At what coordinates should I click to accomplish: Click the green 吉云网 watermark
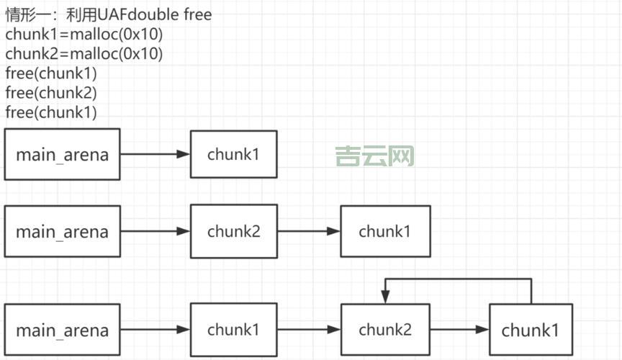374,156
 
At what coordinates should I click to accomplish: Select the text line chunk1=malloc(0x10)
84,34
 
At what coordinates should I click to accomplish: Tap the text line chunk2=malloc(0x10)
84,53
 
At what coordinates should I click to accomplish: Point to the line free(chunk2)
50,92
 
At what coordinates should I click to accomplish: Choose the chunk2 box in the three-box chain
233,231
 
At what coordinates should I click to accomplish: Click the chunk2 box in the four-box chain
385,330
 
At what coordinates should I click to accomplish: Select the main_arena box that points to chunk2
62,231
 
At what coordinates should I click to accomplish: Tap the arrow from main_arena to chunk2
155,231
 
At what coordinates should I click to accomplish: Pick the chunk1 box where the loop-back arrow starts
531,330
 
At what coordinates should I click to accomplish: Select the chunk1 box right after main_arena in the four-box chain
233,330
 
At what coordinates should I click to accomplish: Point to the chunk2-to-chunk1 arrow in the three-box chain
308,231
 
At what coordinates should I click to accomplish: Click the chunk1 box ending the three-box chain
385,231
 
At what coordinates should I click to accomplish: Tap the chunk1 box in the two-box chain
233,154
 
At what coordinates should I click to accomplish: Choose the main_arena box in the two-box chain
62,154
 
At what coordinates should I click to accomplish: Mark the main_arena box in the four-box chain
62,330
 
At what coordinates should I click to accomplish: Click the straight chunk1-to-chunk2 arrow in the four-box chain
308,330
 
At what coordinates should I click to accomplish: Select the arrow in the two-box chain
155,154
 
